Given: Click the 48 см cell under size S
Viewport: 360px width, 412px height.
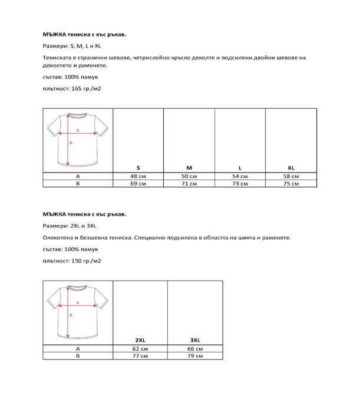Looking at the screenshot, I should click(138, 177).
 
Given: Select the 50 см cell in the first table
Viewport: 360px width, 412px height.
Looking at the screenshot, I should click(189, 177).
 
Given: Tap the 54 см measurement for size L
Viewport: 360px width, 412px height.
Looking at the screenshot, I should click(240, 177).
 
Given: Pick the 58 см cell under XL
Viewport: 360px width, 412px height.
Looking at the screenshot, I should click(291, 177).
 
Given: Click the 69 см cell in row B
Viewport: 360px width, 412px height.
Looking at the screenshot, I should click(138, 184).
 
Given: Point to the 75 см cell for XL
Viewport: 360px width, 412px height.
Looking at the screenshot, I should click(291, 184).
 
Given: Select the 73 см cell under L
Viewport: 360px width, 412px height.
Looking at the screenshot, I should click(240, 184).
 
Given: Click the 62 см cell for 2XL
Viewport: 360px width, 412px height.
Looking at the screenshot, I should click(140, 349).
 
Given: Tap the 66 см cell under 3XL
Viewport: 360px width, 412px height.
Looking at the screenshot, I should click(196, 349).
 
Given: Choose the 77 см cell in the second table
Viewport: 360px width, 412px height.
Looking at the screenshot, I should click(140, 356).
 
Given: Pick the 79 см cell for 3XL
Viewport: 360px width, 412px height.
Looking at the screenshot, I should click(196, 356).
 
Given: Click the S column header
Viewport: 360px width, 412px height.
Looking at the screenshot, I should click(138, 168).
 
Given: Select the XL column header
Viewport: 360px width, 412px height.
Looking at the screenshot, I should click(291, 168).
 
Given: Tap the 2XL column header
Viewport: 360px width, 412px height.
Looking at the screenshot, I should click(140, 340).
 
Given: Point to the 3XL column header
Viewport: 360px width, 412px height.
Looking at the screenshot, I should click(196, 340).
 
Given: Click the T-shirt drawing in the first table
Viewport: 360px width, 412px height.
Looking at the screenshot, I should click(77, 139).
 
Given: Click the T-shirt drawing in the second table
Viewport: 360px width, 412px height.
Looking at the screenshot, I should click(77, 311).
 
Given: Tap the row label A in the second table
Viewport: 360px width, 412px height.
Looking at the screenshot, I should click(77, 349).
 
